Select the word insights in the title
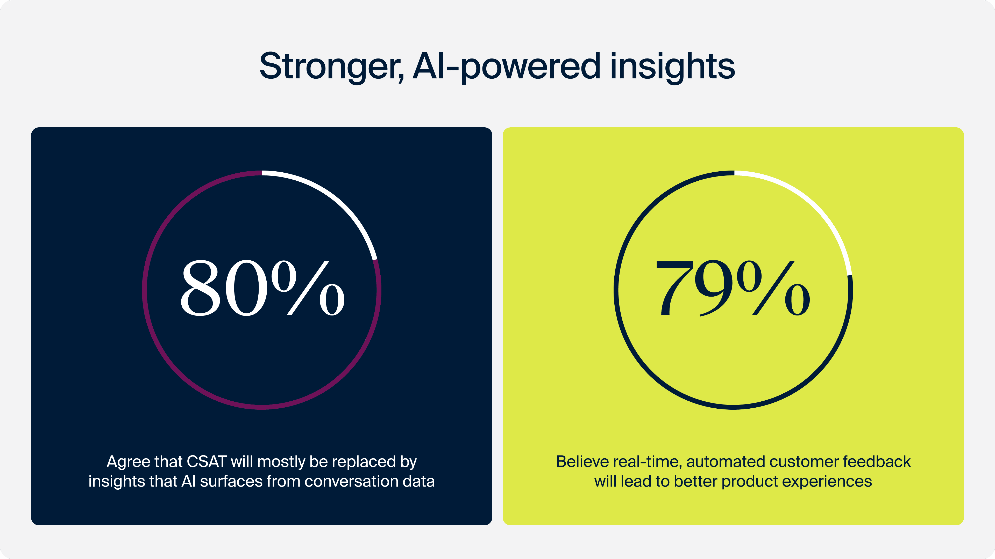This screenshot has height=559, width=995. click(x=672, y=68)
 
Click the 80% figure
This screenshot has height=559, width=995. click(x=263, y=288)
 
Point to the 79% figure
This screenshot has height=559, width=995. click(x=733, y=288)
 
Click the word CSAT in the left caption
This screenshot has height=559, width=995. click(x=207, y=462)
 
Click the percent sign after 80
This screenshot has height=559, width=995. click(x=308, y=288)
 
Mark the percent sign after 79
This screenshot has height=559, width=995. click(x=773, y=288)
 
